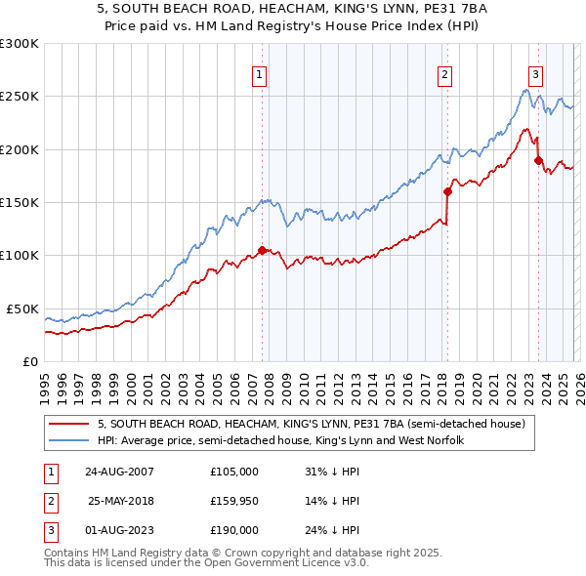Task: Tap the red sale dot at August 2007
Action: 262,250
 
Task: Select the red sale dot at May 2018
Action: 447,191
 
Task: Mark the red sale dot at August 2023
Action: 537,160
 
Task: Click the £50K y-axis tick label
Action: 22,309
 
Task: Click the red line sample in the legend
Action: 70,424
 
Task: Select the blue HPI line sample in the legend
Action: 70,440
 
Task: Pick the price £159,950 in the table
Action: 234,501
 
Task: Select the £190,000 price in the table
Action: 234,530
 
